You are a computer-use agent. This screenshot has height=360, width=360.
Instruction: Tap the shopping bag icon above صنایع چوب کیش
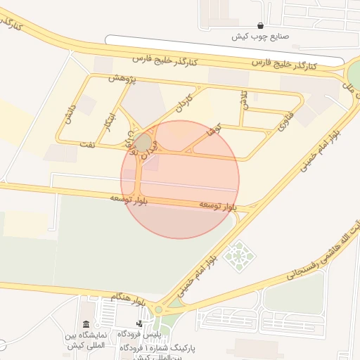click(261, 25)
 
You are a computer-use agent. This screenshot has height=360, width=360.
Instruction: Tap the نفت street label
click(86, 143)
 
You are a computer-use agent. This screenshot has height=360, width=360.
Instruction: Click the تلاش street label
click(244, 99)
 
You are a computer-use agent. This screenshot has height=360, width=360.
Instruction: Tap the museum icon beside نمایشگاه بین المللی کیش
click(86, 324)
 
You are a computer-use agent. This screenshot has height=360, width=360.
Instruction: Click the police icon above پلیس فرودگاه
click(141, 324)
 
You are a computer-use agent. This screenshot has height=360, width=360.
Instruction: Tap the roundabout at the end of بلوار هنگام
click(158, 309)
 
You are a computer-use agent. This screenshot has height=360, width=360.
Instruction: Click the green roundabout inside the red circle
click(143, 143)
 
